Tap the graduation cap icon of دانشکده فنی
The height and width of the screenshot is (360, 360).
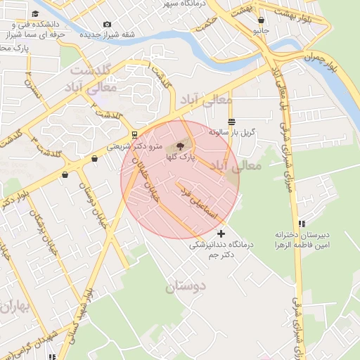click(35, 14)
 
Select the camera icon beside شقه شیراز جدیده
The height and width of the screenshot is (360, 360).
click(107, 25)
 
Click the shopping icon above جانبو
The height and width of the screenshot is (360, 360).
click(262, 20)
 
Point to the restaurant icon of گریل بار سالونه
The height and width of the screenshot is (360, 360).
click(231, 122)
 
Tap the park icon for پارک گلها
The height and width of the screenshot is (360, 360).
click(180, 147)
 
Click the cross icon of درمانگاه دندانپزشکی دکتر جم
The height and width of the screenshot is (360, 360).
click(221, 233)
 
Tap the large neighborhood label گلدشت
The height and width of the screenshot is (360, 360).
click(92, 70)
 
